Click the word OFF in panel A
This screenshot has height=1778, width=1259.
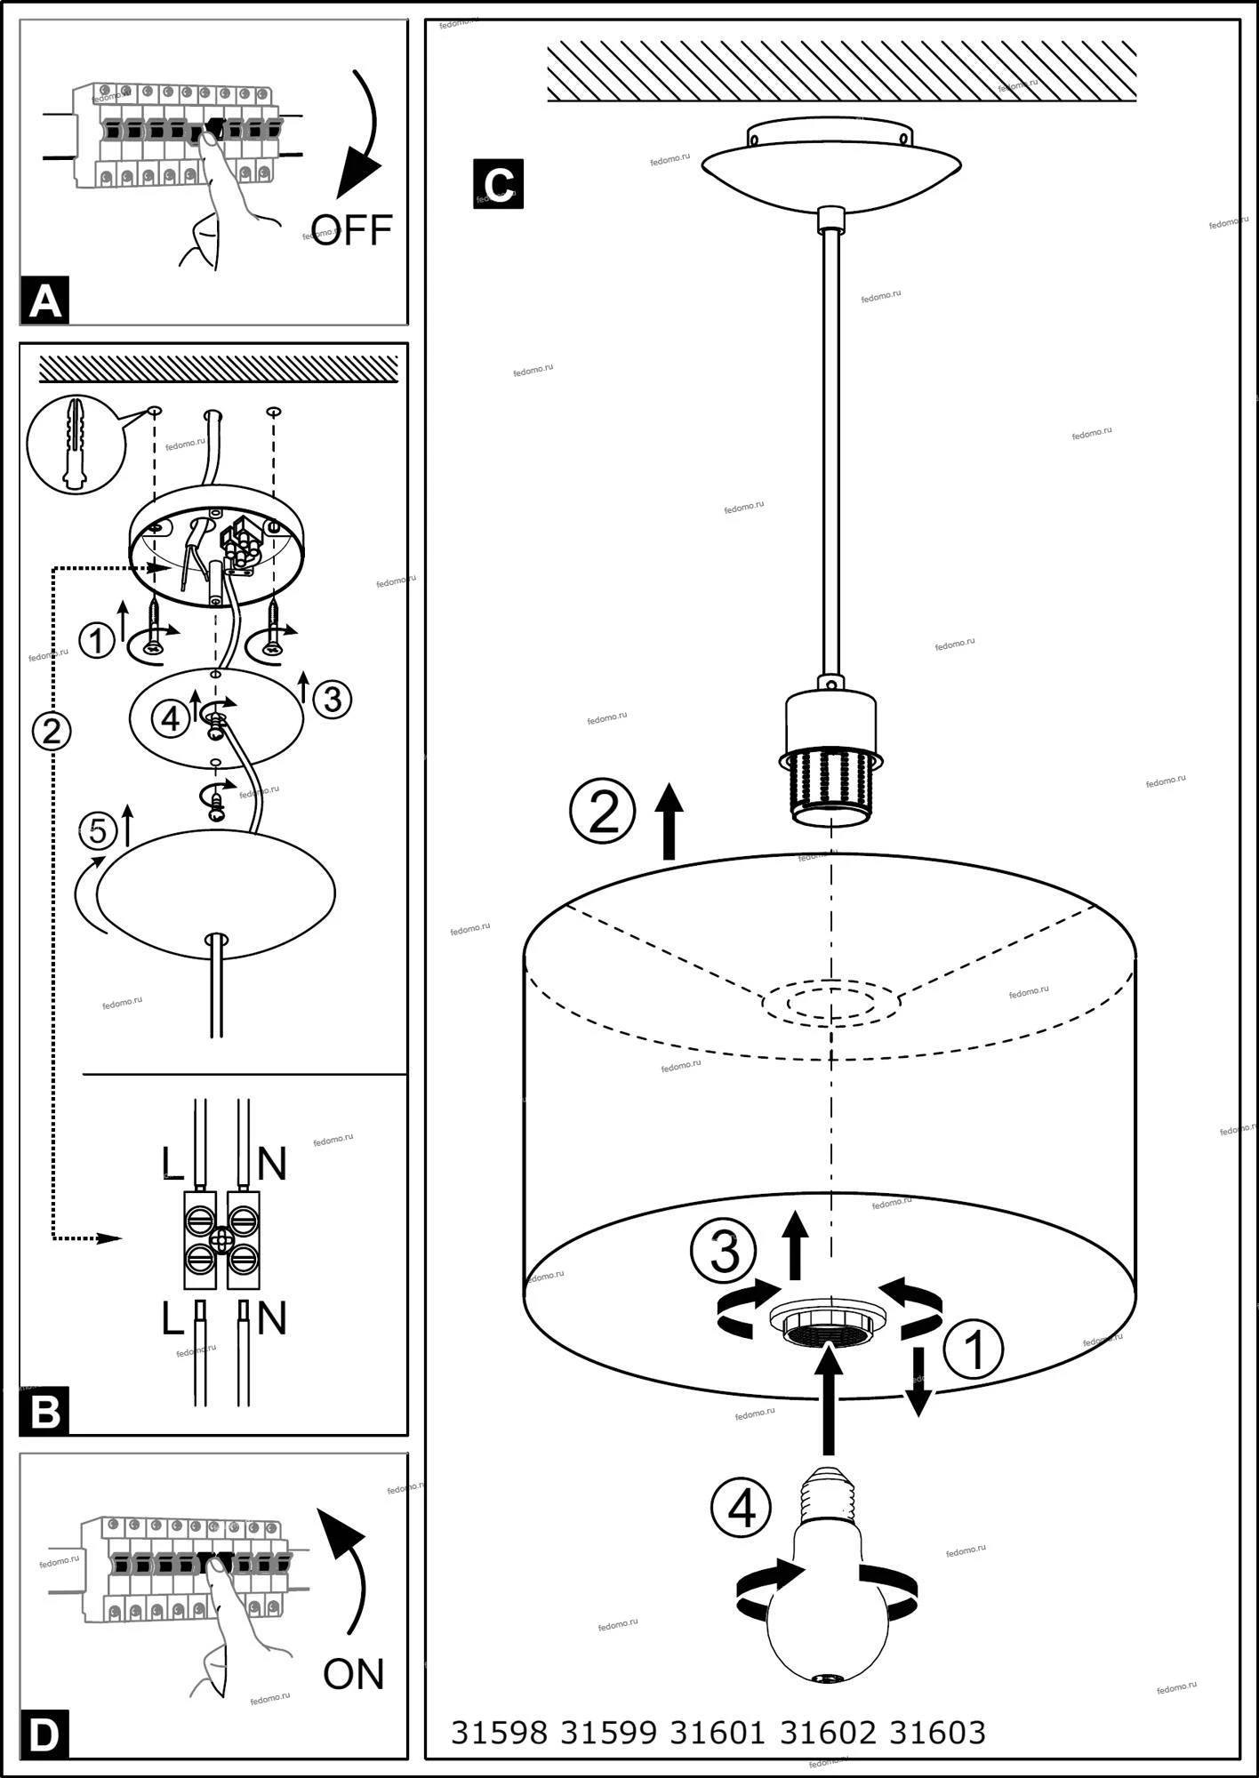[352, 230]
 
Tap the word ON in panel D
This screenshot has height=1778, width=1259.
[354, 1674]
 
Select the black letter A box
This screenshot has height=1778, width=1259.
[44, 301]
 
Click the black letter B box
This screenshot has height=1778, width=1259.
[44, 1411]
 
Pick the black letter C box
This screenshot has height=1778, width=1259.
[498, 184]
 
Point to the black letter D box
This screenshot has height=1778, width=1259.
[44, 1734]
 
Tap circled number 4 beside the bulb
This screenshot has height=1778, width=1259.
[741, 1507]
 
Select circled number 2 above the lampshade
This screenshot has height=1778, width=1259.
[603, 812]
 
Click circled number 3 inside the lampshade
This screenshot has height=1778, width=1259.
[723, 1251]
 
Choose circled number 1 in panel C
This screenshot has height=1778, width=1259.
[974, 1350]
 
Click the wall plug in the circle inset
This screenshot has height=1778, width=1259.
[75, 443]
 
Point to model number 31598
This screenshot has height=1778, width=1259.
[499, 1732]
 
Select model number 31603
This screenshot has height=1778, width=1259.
[937, 1732]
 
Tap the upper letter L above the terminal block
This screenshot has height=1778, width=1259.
[172, 1163]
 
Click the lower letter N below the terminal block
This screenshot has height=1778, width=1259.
[272, 1319]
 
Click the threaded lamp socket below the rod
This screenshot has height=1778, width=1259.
[830, 782]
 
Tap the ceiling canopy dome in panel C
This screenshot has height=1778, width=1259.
[830, 164]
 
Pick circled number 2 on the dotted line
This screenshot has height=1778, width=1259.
[52, 730]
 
